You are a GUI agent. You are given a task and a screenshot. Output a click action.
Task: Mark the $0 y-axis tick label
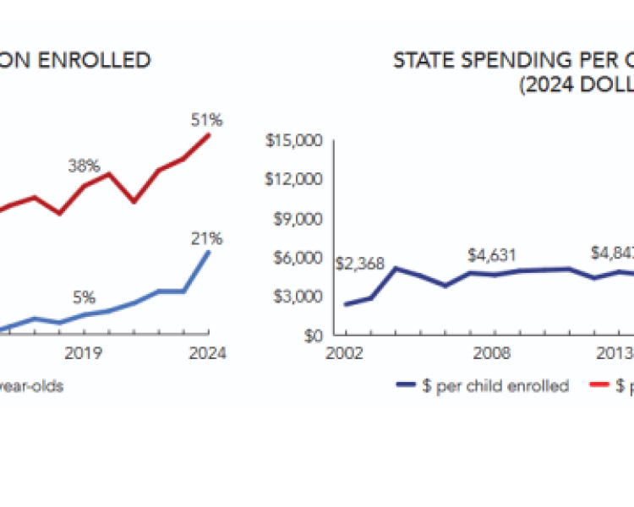(311, 335)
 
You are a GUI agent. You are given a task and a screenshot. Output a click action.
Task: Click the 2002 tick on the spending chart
(345, 353)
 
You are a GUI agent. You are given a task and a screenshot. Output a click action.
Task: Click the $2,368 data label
(360, 264)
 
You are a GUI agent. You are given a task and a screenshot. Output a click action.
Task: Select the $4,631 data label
(493, 254)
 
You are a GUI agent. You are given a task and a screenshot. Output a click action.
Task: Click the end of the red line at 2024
(210, 135)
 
